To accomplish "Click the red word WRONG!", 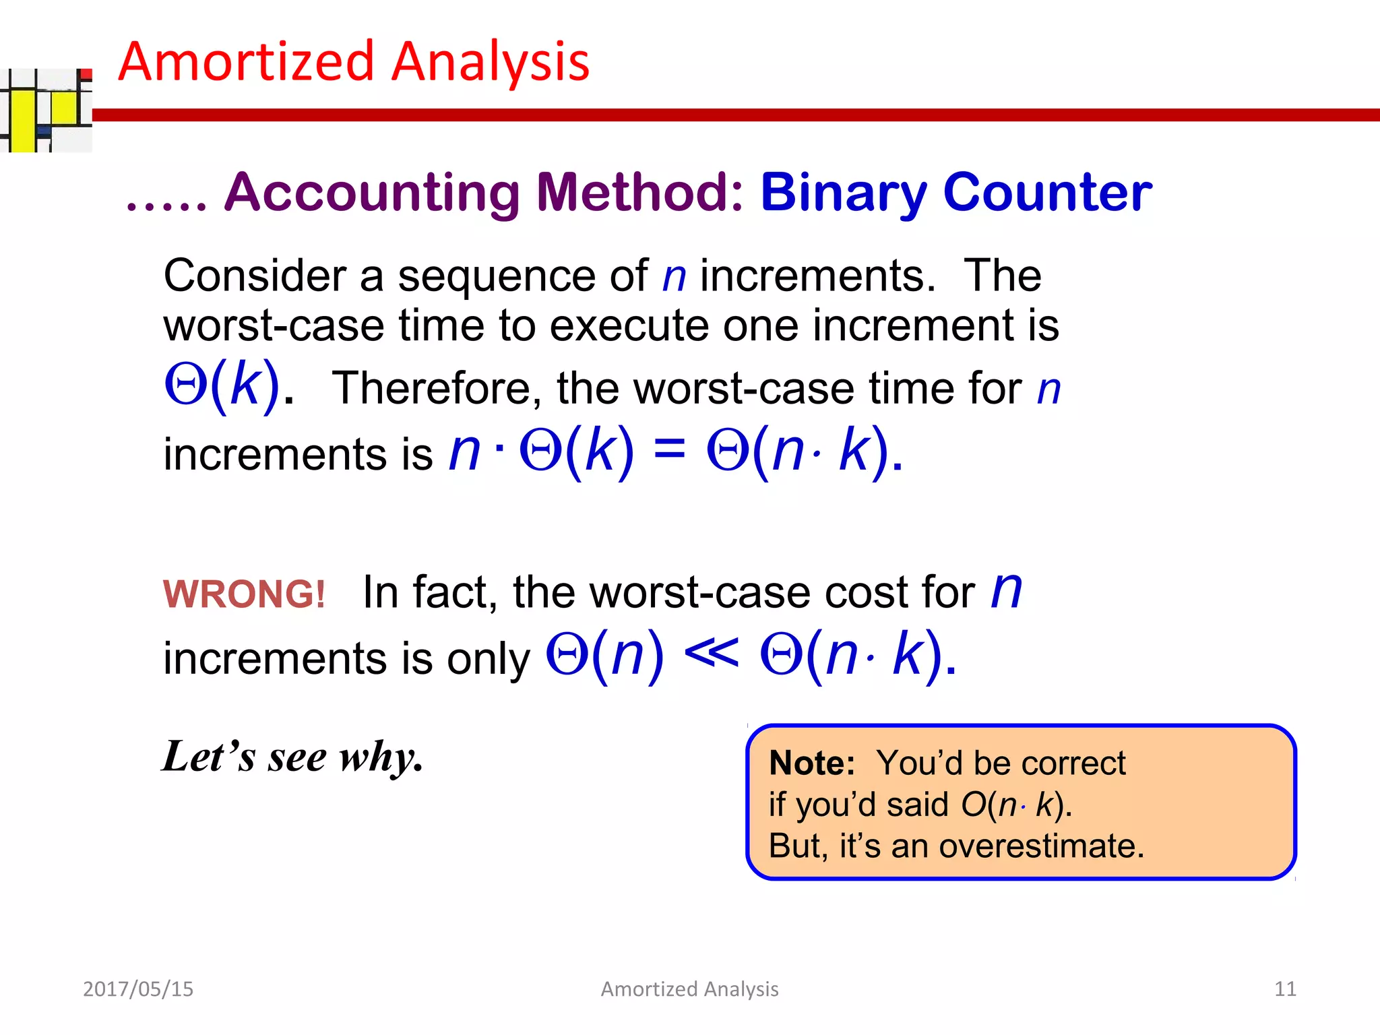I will [x=244, y=594].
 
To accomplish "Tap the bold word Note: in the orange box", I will [x=811, y=763].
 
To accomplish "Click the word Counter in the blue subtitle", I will [x=1048, y=193].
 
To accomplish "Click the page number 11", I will [x=1284, y=989].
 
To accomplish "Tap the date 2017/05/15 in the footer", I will [x=138, y=989].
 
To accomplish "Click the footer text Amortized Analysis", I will [x=689, y=989].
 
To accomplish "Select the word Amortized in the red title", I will [x=246, y=62].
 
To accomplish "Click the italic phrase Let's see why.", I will [x=292, y=757].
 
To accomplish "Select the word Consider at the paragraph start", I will [x=255, y=276].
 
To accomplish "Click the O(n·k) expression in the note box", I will [x=1015, y=805].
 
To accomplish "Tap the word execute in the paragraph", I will [x=629, y=326].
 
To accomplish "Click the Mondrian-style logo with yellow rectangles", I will [x=46, y=110].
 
